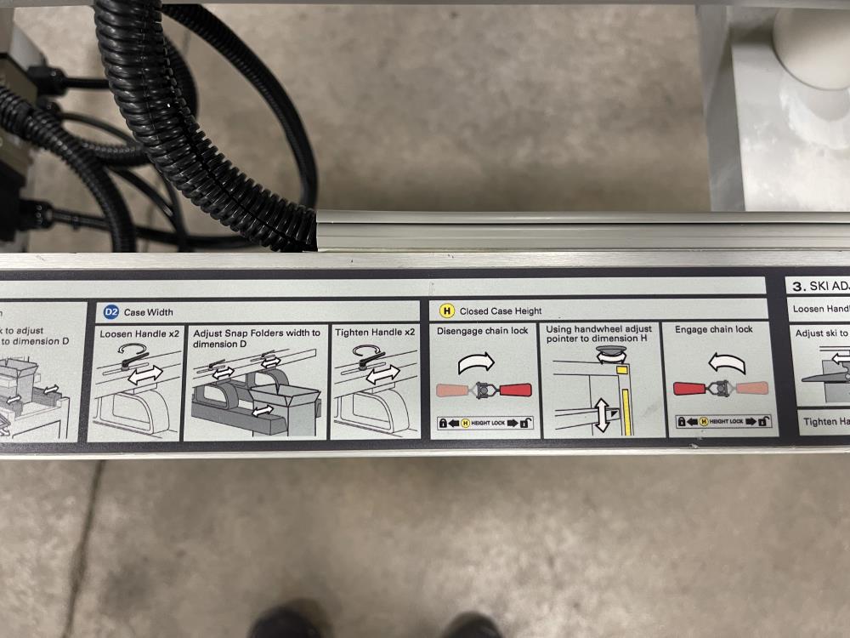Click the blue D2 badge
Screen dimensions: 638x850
pos(111,311)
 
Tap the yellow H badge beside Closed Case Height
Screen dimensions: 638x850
pos(445,310)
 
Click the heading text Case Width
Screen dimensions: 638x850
pos(149,312)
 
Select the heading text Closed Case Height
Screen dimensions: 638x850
pos(500,311)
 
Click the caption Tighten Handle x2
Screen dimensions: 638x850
pos(375,333)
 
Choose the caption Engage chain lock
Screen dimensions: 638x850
pos(714,329)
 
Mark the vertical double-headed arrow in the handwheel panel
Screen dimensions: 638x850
pos(603,414)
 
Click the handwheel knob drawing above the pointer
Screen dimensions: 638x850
pos(609,354)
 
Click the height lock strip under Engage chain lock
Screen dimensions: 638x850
pos(722,421)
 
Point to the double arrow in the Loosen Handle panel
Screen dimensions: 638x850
pos(144,375)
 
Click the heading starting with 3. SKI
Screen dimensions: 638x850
pos(819,287)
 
